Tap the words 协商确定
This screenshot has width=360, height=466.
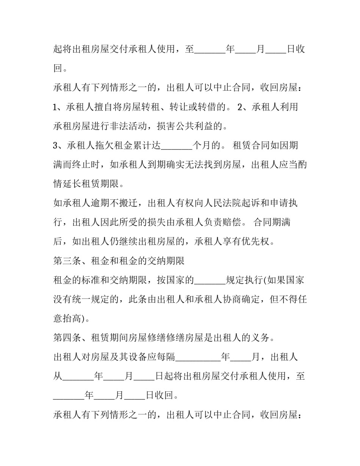[241, 299]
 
